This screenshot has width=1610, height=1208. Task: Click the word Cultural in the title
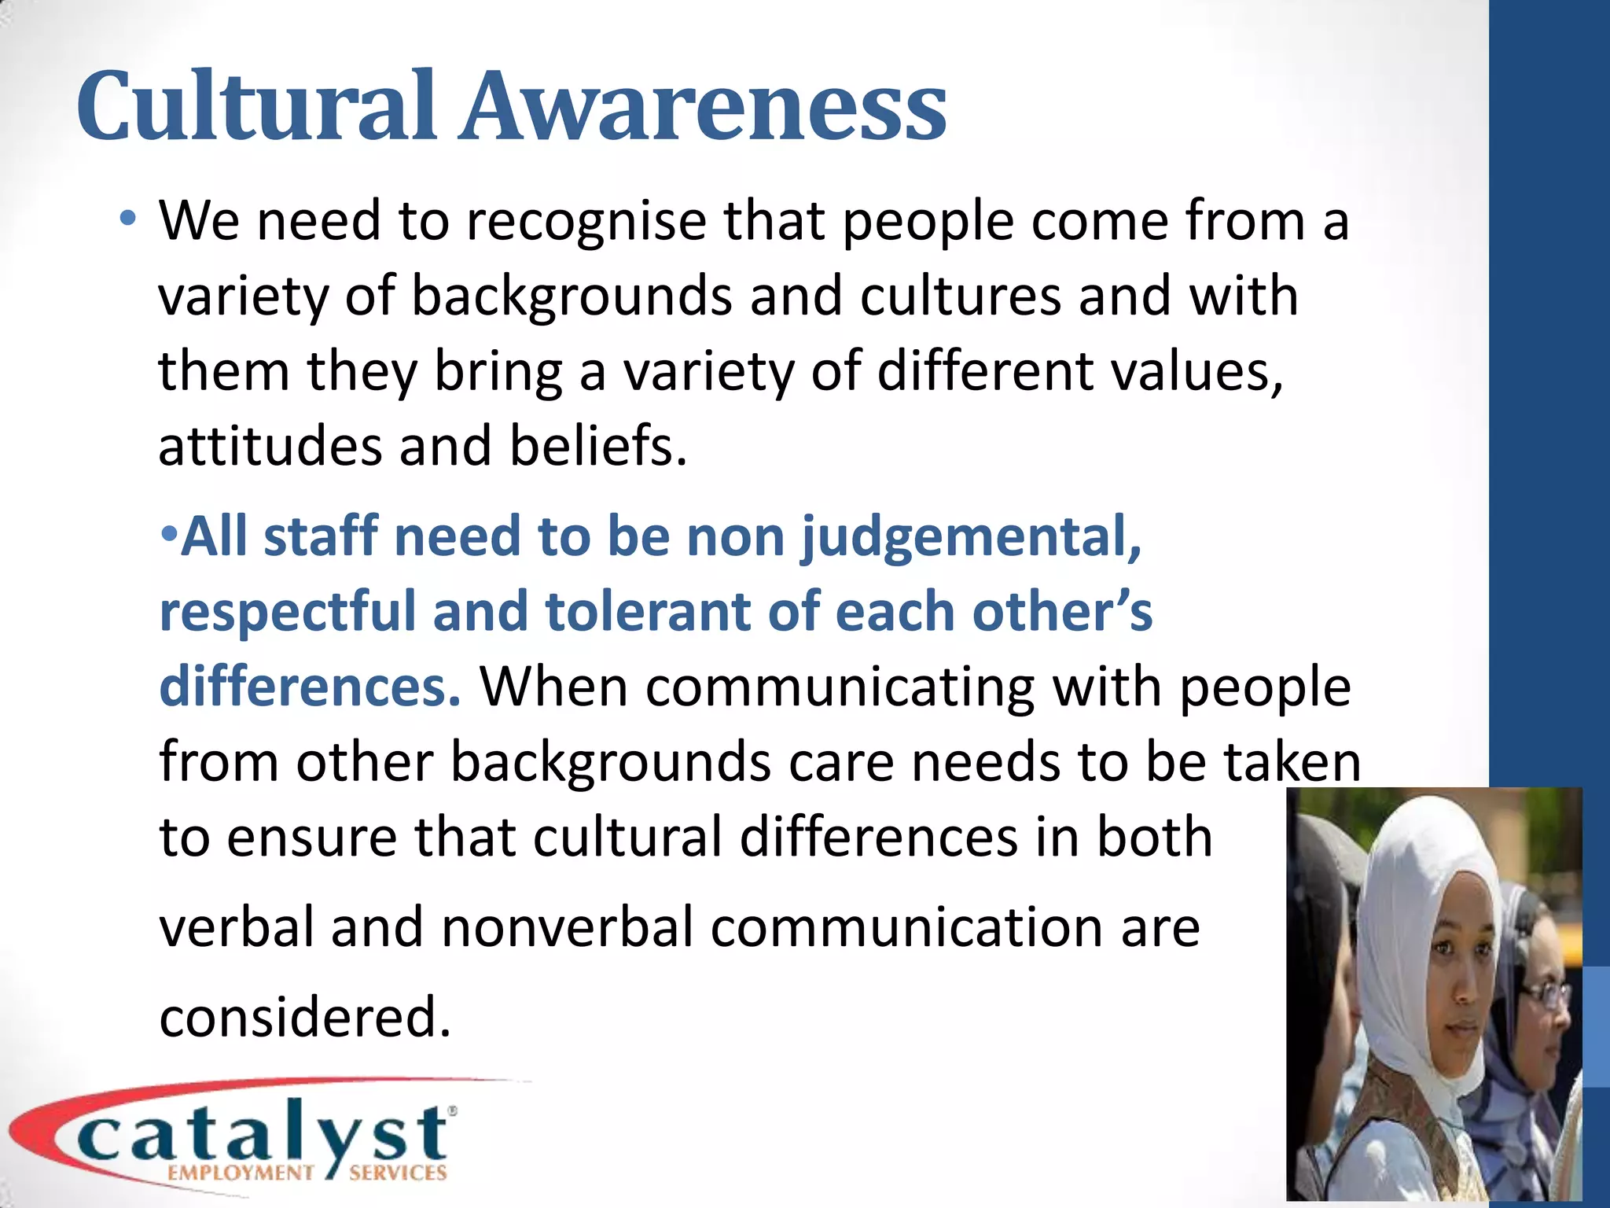(x=255, y=106)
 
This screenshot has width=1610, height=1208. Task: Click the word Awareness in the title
(x=704, y=106)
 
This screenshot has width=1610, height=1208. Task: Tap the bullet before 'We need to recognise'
(x=128, y=218)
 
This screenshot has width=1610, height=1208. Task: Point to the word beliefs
(x=597, y=446)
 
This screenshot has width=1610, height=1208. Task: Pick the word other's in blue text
(x=1061, y=612)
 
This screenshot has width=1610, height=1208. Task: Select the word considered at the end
(x=305, y=1017)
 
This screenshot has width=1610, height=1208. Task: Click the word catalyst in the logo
(x=263, y=1135)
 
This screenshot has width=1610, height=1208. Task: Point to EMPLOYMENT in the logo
(x=240, y=1173)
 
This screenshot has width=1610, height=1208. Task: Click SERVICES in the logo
(x=398, y=1173)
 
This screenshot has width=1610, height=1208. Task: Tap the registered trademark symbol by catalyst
(x=452, y=1110)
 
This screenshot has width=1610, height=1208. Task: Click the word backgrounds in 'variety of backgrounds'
(x=572, y=297)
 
